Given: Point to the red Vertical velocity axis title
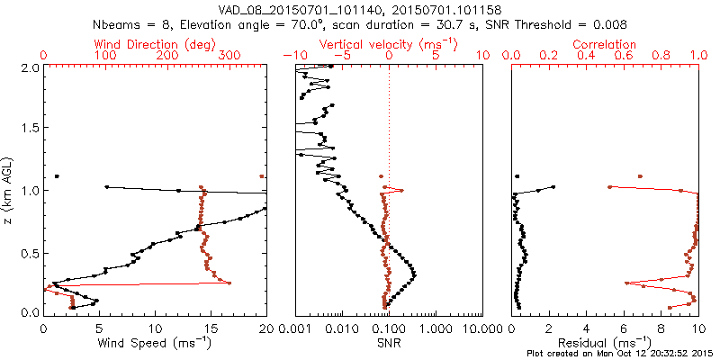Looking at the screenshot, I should pos(389,44).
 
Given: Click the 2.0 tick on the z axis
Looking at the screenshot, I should pos(31,67).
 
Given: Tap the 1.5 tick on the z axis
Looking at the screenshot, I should pos(31,129).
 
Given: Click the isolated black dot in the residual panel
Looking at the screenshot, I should pos(517,176).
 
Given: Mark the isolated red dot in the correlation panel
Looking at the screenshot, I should pos(640,176).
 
